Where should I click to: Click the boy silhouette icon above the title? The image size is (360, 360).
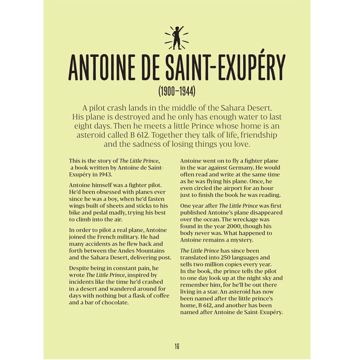pos(177,38)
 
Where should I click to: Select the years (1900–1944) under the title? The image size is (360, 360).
pos(176,92)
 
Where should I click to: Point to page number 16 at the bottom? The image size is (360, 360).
pos(177,346)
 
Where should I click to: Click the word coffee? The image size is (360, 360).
pos(160,295)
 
